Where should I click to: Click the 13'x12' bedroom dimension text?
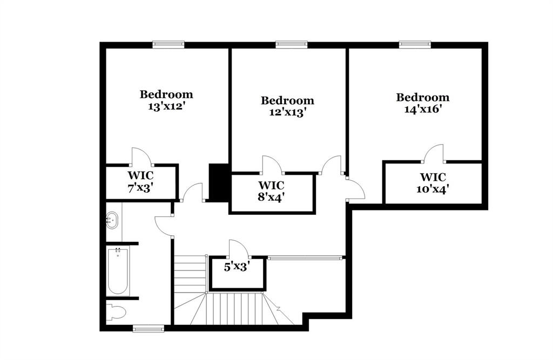click(x=166, y=106)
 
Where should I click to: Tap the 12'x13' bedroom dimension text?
click(x=287, y=113)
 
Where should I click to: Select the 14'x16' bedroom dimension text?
click(x=422, y=110)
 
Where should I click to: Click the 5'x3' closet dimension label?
click(x=237, y=266)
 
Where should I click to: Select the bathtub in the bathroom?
click(x=117, y=271)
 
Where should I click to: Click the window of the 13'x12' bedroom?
click(x=168, y=45)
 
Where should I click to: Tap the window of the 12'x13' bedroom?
click(x=292, y=45)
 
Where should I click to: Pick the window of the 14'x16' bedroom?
click(x=415, y=45)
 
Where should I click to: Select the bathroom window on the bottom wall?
click(x=149, y=328)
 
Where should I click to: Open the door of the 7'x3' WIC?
click(x=141, y=157)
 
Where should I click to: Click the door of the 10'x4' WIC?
click(x=434, y=153)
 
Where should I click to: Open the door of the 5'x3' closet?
click(x=238, y=249)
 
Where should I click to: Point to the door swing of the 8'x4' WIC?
click(x=272, y=165)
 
